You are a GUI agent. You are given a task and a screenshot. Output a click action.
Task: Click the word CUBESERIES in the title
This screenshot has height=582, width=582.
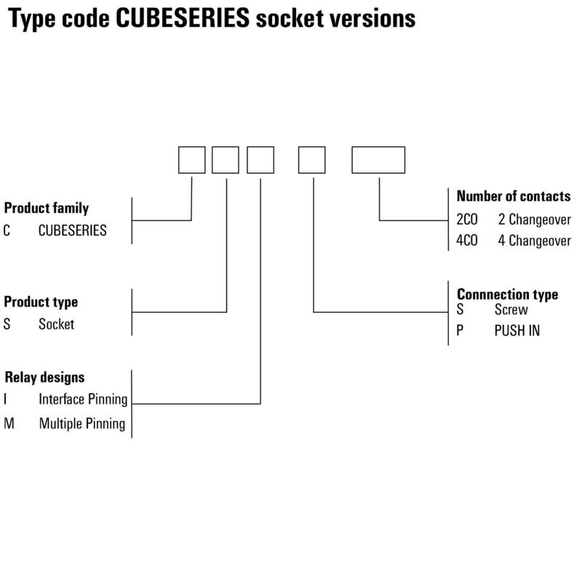pos(182,18)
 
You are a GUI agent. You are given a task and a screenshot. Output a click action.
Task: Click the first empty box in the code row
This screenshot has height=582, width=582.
pos(192,160)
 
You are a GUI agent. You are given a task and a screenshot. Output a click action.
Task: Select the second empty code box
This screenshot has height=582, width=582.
pos(226,160)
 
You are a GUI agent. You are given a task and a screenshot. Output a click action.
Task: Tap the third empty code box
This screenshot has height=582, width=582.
pos(260,160)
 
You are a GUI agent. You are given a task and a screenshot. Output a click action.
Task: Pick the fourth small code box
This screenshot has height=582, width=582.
pos(312,160)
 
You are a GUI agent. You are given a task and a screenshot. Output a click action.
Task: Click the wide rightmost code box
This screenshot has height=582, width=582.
pos(378,160)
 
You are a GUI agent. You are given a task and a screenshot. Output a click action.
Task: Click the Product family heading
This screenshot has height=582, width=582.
pos(47,208)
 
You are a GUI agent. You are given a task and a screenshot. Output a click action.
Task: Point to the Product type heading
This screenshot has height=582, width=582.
pos(41,301)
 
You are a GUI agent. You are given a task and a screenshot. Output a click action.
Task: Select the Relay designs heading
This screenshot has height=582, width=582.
pos(45,377)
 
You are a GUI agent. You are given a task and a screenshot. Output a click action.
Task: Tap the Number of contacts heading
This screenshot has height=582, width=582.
pos(514,196)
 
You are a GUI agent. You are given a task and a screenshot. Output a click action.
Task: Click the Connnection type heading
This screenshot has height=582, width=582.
pos(508,294)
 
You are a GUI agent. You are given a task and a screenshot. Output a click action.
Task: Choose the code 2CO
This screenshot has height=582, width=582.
pos(467,219)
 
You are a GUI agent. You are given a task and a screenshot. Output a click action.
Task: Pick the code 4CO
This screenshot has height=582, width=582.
pos(467,242)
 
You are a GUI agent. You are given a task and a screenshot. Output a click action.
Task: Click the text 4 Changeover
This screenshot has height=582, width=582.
pos(535,242)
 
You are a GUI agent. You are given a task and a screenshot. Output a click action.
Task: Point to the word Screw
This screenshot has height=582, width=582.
pos(511,309)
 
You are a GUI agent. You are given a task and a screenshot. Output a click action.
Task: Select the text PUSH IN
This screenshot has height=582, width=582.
pos(517,331)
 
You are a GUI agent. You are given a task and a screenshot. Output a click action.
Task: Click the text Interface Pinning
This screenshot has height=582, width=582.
pos(83,399)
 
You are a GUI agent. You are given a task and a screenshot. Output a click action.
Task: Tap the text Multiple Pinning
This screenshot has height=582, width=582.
pos(82,423)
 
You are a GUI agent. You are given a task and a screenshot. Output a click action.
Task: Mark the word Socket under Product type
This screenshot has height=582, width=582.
pos(56,324)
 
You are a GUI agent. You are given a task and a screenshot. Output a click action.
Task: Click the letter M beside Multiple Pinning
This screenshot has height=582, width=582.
pos(9,423)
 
